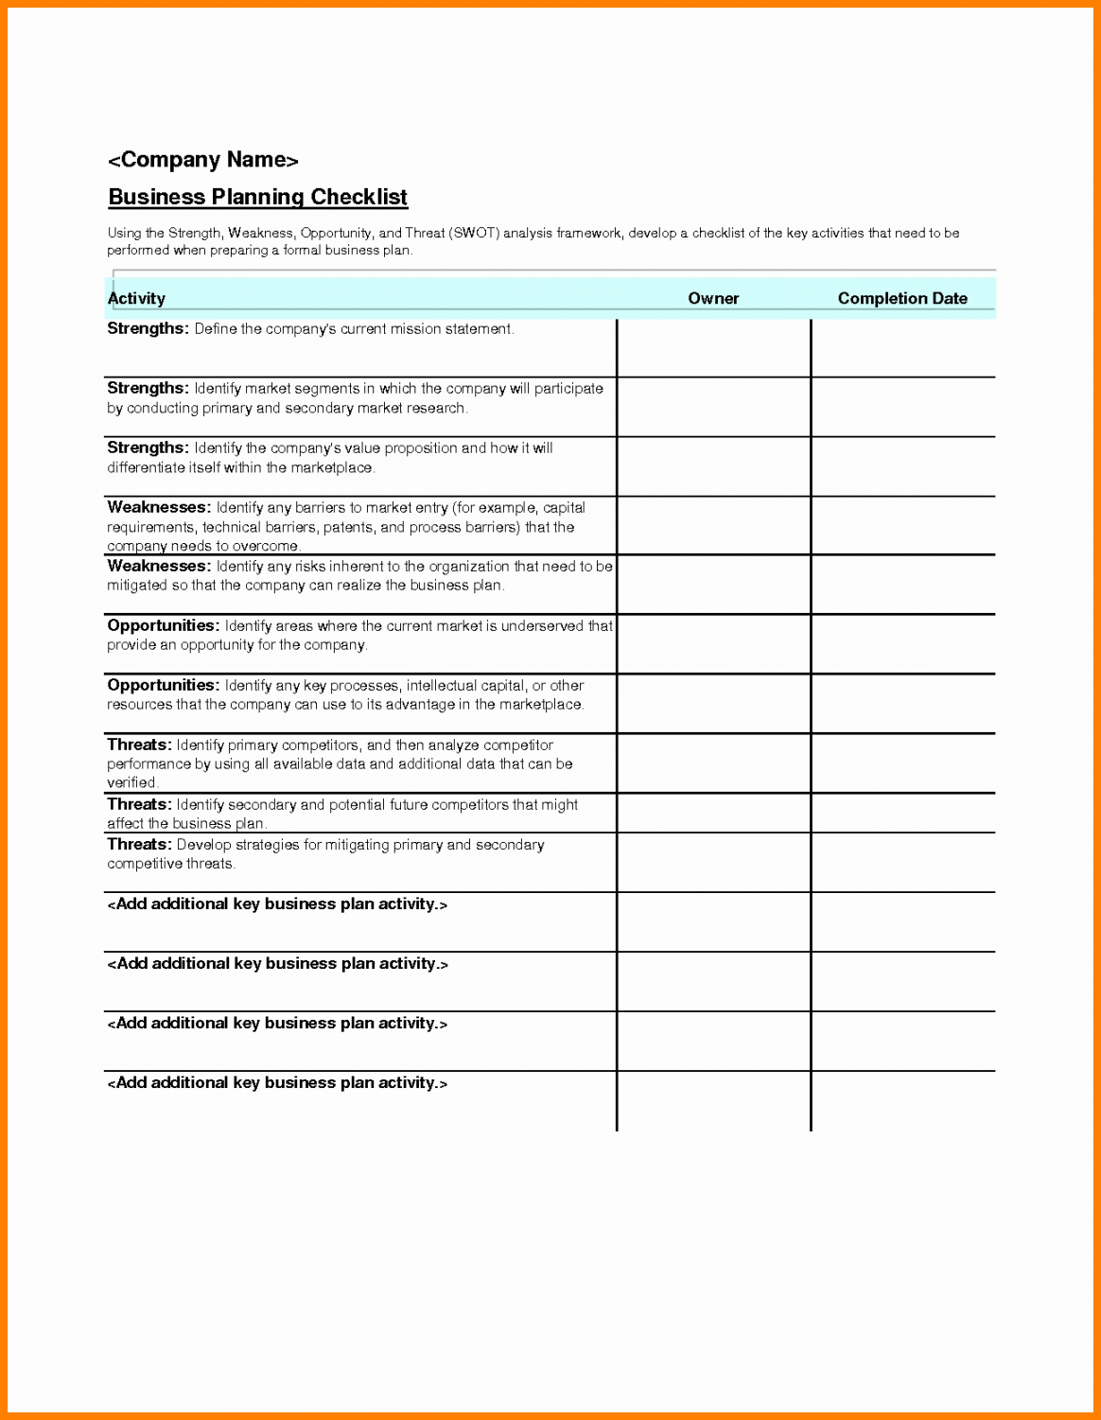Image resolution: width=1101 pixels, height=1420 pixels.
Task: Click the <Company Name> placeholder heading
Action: [202, 160]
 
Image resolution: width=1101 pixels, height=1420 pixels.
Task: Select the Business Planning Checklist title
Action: [257, 197]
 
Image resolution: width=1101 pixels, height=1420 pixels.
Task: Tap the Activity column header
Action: [136, 298]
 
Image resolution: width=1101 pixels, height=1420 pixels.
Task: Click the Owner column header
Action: [713, 298]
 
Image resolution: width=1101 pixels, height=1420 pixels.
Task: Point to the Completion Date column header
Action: [902, 298]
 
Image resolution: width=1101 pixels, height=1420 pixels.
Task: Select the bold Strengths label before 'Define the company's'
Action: [148, 329]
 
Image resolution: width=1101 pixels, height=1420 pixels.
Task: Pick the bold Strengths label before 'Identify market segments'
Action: [148, 388]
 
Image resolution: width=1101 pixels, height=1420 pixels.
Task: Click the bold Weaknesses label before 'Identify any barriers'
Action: [159, 507]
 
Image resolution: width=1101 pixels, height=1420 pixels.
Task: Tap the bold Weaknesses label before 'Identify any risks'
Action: [159, 566]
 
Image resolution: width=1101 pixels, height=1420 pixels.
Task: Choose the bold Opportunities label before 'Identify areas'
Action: [163, 625]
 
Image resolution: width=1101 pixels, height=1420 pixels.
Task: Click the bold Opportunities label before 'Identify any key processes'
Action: [163, 685]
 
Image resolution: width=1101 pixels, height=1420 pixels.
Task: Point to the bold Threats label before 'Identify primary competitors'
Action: [139, 745]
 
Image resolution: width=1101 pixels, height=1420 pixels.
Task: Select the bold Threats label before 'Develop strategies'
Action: [139, 844]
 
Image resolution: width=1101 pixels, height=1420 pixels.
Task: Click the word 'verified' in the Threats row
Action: [131, 782]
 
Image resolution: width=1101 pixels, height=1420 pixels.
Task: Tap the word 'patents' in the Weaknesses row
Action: [348, 527]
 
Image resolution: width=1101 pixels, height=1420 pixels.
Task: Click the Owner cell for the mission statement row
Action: [713, 347]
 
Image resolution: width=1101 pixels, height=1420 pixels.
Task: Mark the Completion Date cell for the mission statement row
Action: [902, 347]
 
